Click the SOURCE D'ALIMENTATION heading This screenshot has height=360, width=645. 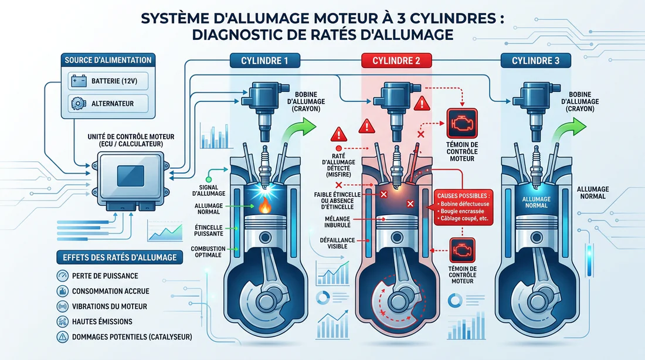tap(108, 60)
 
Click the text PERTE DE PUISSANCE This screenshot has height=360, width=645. tap(105, 276)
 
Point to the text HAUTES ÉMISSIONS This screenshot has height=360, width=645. tap(102, 321)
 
